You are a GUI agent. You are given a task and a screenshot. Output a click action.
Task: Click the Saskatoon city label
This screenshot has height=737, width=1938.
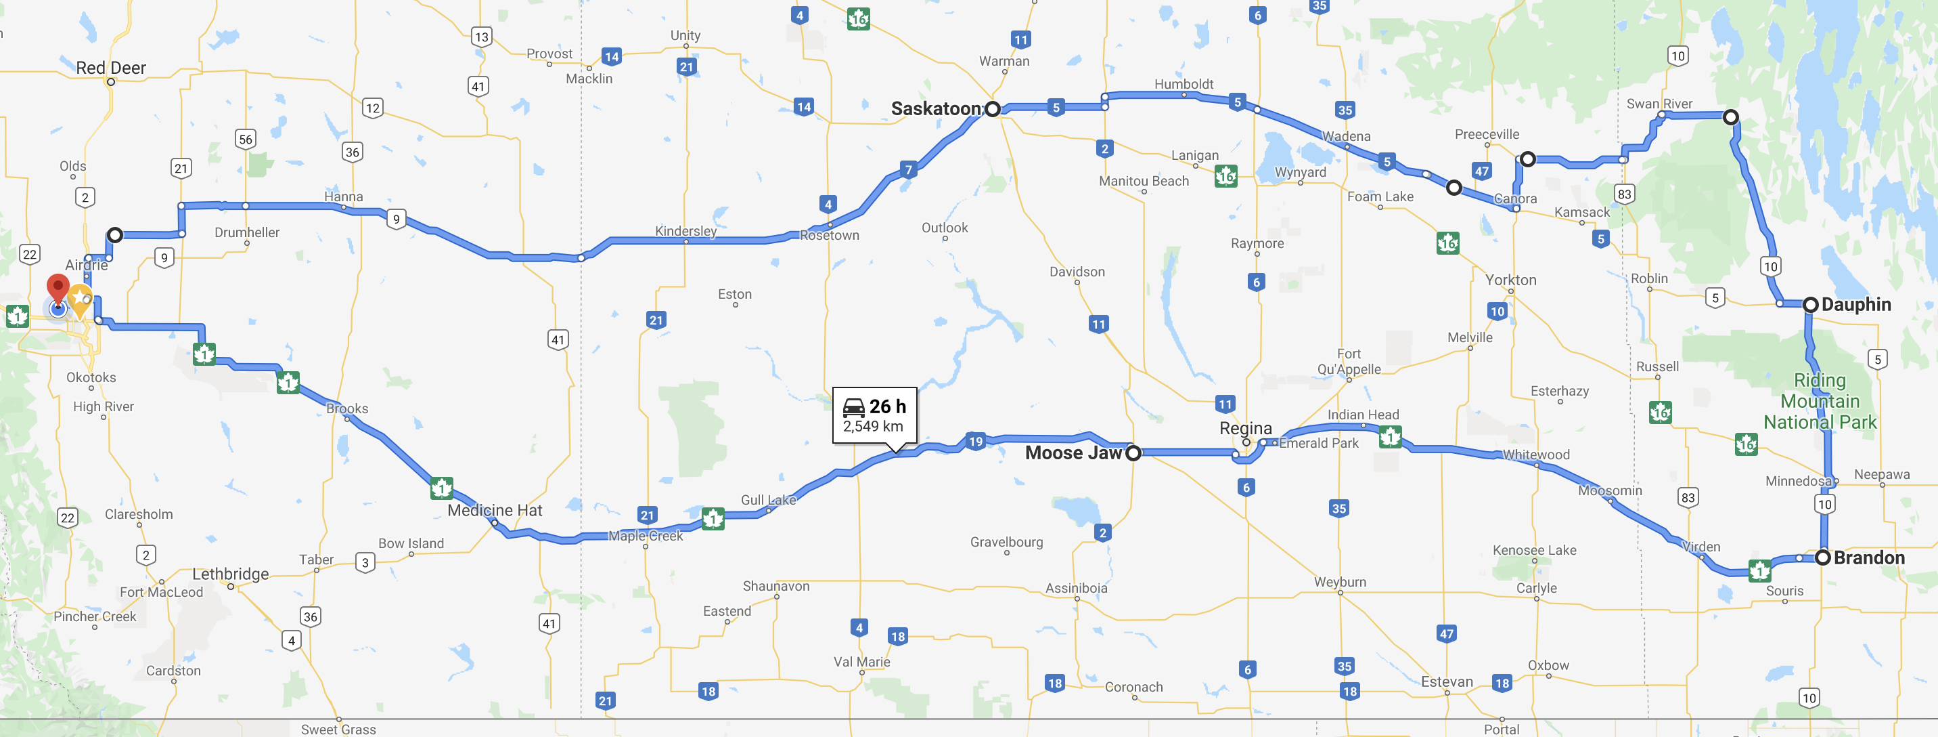pyautogui.click(x=935, y=109)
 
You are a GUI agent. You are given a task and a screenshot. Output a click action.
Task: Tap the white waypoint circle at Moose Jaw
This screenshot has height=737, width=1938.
pyautogui.click(x=1133, y=452)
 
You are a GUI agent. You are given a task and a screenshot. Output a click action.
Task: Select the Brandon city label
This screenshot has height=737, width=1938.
pyautogui.click(x=1869, y=558)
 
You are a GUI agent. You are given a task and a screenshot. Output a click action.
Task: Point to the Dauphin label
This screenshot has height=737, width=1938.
pyautogui.click(x=1856, y=304)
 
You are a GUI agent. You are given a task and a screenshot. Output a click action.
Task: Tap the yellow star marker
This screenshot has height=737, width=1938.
pyautogui.click(x=81, y=299)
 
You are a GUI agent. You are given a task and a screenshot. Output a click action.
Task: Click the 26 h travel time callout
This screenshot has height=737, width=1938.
pyautogui.click(x=874, y=415)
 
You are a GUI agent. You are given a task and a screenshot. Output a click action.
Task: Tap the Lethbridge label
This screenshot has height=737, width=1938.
pyautogui.click(x=230, y=574)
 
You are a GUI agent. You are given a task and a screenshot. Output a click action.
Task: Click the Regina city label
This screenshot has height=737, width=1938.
pyautogui.click(x=1245, y=428)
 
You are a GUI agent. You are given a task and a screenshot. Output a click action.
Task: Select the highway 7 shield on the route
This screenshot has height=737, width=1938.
pyautogui.click(x=909, y=169)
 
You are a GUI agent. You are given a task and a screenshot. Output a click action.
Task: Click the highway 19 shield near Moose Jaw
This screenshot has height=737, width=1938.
pyautogui.click(x=975, y=441)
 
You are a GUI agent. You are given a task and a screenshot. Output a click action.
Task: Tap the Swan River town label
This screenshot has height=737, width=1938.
pyautogui.click(x=1659, y=104)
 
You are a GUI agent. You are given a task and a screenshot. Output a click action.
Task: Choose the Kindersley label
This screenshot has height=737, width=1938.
pyautogui.click(x=685, y=231)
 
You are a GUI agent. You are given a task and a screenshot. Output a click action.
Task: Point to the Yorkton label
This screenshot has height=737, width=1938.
pyautogui.click(x=1510, y=280)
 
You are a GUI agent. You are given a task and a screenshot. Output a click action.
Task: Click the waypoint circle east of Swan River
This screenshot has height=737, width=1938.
pyautogui.click(x=1730, y=117)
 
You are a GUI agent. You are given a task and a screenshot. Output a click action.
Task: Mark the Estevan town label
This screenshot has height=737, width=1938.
pyautogui.click(x=1447, y=681)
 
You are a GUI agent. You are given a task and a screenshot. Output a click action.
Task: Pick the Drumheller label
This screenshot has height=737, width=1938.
pyautogui.click(x=247, y=232)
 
